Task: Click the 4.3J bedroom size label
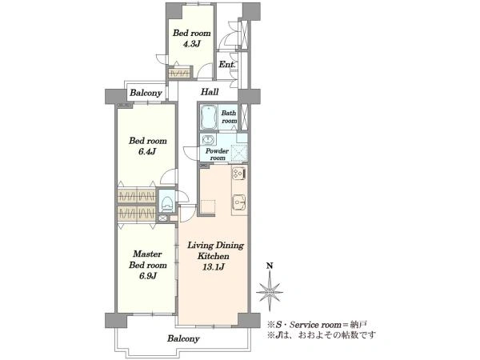(191, 44)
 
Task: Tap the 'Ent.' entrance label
(227, 65)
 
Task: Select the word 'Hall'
(210, 92)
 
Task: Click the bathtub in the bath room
(209, 118)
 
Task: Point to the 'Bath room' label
(229, 117)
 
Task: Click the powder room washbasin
(208, 140)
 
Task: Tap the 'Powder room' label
(217, 154)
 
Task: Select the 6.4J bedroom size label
(147, 151)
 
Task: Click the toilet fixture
(166, 203)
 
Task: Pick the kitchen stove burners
(238, 174)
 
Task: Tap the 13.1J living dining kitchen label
(214, 267)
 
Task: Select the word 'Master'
(147, 254)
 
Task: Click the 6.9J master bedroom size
(148, 276)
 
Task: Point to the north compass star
(270, 292)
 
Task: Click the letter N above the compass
(270, 266)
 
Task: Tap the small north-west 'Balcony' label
(146, 93)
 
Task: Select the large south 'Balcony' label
(183, 338)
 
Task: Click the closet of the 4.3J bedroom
(179, 73)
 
